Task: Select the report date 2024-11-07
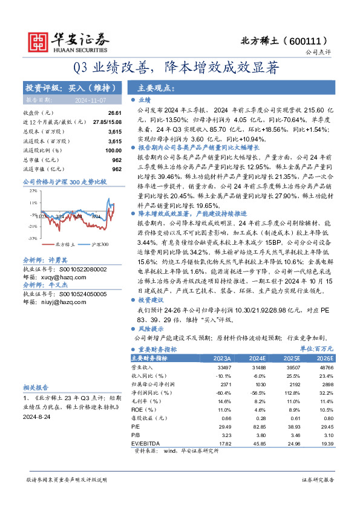89,100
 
